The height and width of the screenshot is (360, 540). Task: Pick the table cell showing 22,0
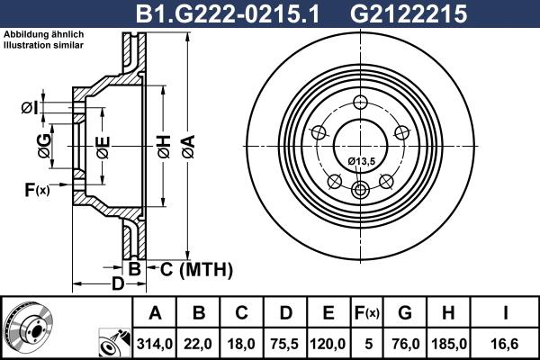click(199, 342)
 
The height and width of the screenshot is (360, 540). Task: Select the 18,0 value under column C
click(241, 342)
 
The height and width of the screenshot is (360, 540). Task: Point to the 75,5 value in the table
click(284, 342)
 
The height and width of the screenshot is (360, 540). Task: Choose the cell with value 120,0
click(328, 342)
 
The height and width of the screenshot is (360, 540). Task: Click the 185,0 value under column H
click(448, 342)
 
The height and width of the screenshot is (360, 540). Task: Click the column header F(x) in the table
click(365, 313)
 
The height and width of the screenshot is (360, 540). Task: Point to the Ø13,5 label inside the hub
click(361, 161)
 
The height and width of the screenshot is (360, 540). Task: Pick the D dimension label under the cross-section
click(116, 285)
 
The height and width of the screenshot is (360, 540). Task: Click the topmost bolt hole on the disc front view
click(361, 102)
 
